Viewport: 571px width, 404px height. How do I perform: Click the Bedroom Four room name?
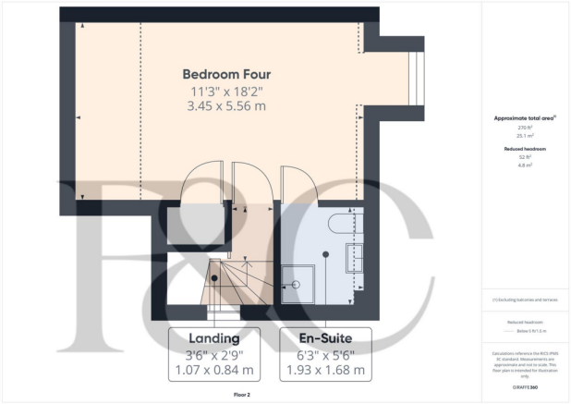(226, 74)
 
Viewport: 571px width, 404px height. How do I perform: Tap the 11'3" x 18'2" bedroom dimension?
(226, 92)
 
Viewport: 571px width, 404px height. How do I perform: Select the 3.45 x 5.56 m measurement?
(226, 107)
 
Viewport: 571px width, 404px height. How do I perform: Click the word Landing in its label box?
(214, 337)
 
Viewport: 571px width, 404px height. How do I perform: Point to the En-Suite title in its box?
(325, 337)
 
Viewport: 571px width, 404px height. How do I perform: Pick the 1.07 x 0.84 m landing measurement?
(214, 371)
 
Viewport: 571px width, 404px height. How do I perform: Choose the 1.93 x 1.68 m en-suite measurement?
(325, 371)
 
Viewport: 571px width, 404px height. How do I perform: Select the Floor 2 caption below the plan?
(215, 394)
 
